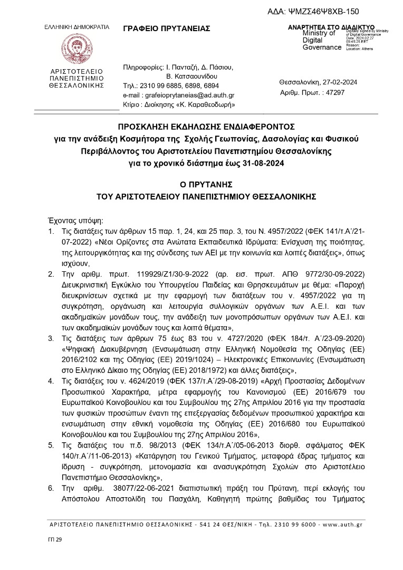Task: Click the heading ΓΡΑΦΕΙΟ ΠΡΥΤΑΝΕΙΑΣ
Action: click(x=166, y=28)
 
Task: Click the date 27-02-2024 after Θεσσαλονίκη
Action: click(x=343, y=82)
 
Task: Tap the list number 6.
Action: click(x=51, y=489)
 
